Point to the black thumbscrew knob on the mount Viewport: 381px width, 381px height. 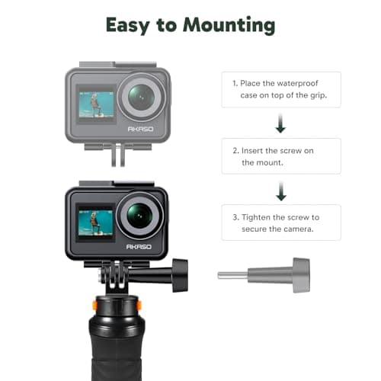180,271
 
